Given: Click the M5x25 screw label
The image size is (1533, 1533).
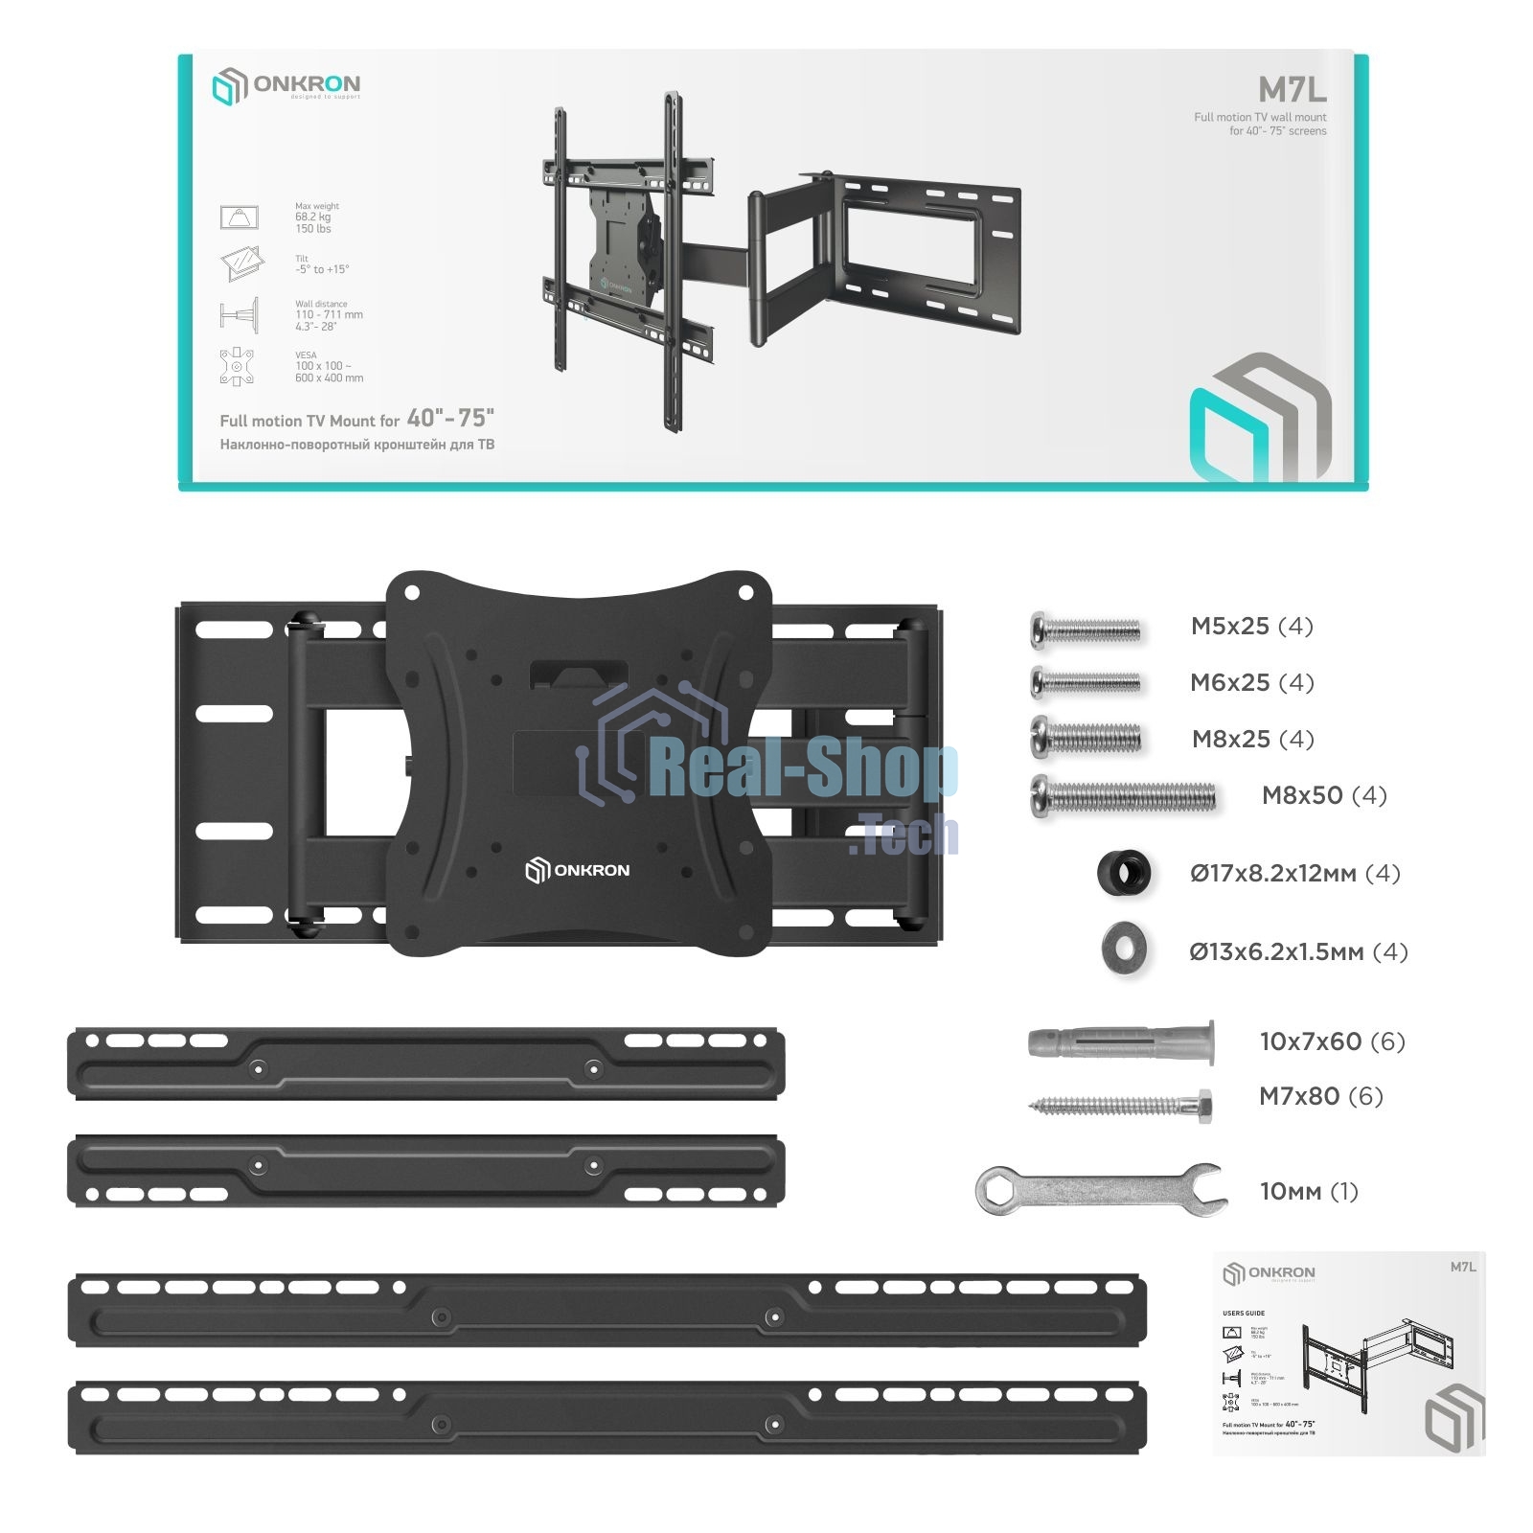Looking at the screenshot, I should [1251, 627].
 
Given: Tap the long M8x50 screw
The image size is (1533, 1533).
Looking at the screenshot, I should [1123, 796].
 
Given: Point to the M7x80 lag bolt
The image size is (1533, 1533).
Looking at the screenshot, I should [1121, 1106].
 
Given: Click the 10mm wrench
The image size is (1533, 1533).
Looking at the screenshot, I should [1100, 1191].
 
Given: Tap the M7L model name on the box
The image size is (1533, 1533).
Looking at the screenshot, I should [1292, 89].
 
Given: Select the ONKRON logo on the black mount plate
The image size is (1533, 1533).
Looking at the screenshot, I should [578, 870].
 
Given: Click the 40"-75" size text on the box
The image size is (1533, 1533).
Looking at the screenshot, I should [449, 418].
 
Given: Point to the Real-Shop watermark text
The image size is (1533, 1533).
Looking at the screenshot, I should [803, 771].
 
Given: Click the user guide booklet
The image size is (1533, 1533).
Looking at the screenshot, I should [1348, 1352].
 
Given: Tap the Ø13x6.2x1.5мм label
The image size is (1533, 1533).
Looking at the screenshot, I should [1298, 951].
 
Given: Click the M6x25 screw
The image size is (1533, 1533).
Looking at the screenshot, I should [1086, 682].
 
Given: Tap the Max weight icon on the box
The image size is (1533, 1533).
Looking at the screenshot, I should [239, 217].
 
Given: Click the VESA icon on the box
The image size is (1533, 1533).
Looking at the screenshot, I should [237, 366].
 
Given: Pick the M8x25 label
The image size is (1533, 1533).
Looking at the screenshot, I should [1252, 739].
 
